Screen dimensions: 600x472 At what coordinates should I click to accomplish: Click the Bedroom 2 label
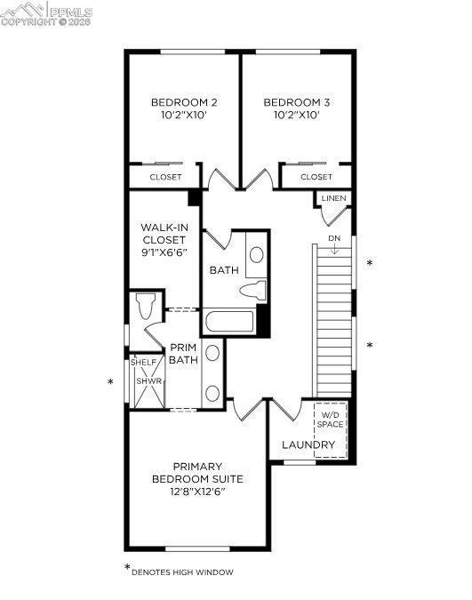[x=184, y=102]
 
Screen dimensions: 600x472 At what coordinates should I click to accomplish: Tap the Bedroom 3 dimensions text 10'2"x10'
[x=297, y=116]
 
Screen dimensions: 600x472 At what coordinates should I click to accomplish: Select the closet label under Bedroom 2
[x=165, y=177]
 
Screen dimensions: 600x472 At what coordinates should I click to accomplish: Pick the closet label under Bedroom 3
[x=316, y=177]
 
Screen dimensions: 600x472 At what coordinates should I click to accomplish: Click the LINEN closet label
[x=333, y=198]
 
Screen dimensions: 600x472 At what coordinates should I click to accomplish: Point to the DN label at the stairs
[x=333, y=238]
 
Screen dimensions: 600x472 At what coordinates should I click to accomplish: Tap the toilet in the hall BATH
[x=255, y=289]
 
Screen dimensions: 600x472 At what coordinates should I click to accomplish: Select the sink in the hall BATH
[x=256, y=255]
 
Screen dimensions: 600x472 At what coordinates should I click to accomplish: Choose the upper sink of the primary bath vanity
[x=212, y=354]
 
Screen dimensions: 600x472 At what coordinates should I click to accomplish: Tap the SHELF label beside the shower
[x=143, y=362]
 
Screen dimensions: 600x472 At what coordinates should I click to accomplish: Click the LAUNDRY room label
[x=308, y=444]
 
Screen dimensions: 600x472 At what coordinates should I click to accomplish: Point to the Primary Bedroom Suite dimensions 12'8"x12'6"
[x=196, y=491]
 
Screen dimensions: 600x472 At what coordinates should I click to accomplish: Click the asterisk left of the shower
[x=110, y=383]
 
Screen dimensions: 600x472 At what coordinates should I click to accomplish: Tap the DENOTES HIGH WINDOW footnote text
[x=183, y=572]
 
